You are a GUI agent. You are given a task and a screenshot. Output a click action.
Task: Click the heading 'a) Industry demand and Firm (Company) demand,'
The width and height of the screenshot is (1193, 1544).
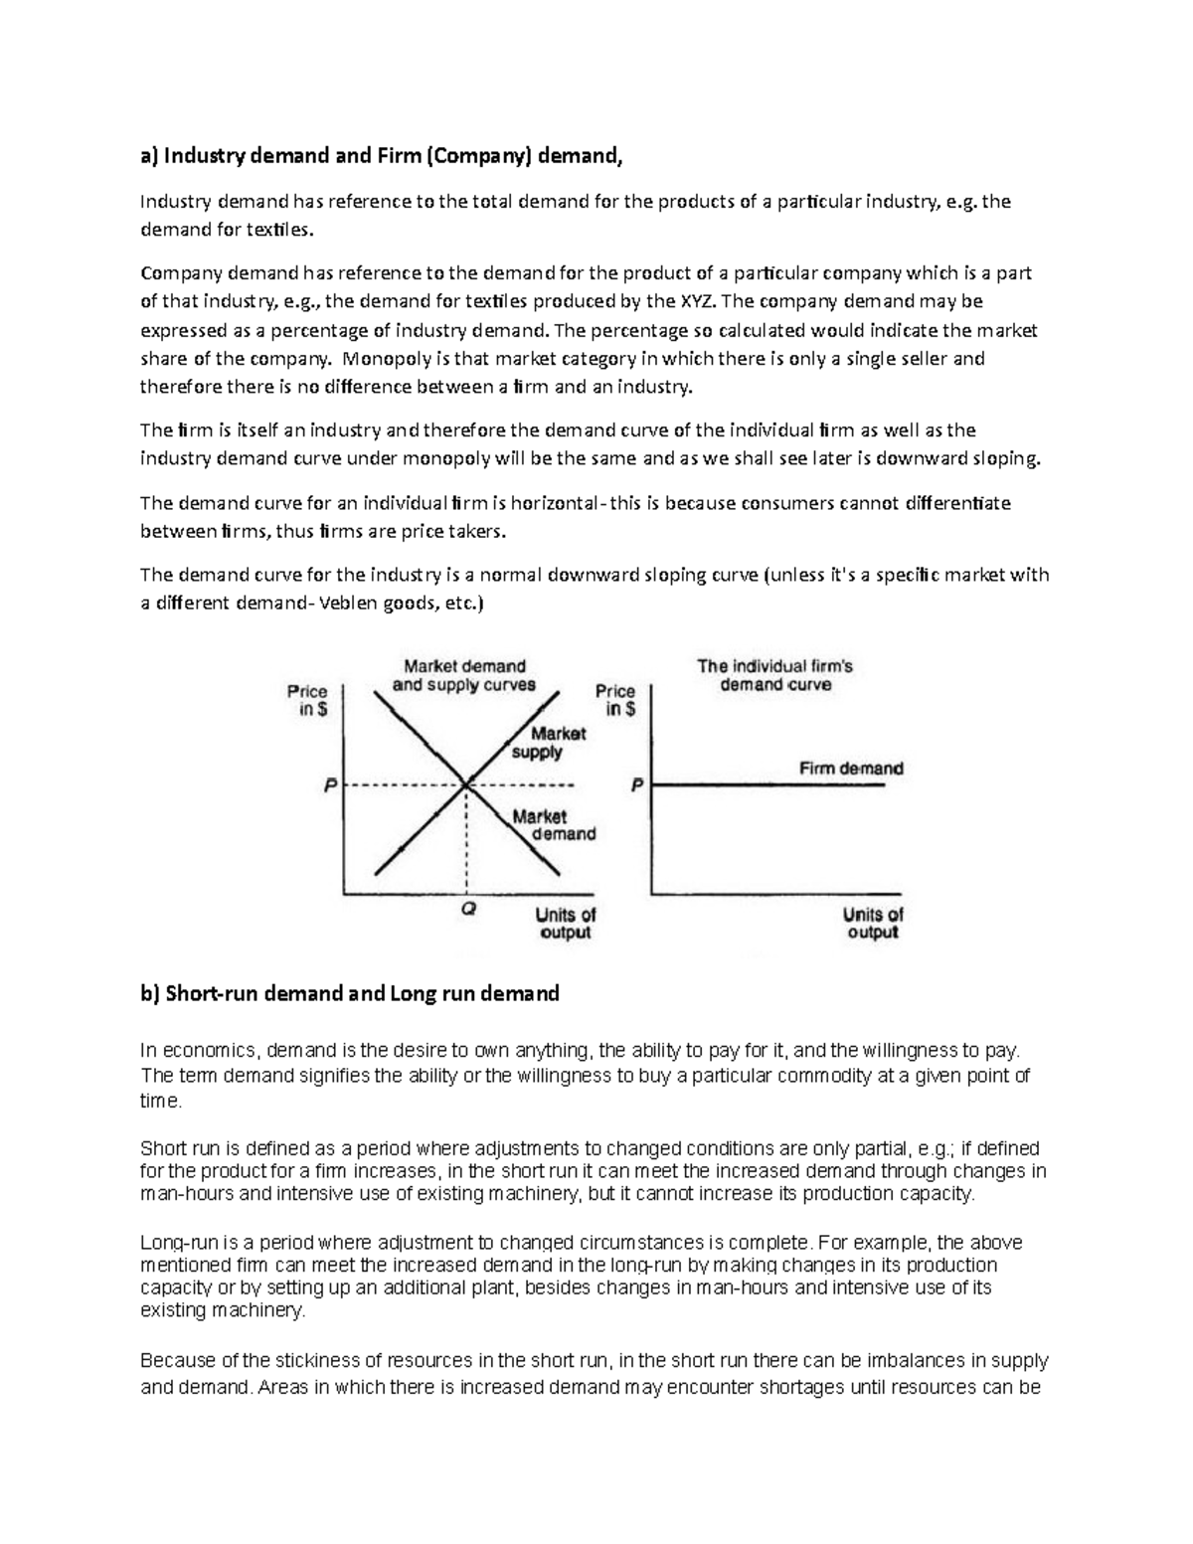[x=385, y=155]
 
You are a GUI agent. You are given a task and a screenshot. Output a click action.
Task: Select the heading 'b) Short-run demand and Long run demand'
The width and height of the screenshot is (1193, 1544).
[x=350, y=993]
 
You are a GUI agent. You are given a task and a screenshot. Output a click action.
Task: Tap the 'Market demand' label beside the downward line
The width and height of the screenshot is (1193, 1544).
[x=553, y=825]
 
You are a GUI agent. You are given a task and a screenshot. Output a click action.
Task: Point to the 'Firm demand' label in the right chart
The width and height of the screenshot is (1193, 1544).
[x=851, y=769]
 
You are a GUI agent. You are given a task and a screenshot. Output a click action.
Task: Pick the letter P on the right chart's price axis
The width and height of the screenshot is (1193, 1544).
[x=637, y=785]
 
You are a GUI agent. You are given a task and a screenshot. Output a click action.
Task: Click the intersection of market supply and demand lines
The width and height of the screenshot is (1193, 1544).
[x=465, y=785]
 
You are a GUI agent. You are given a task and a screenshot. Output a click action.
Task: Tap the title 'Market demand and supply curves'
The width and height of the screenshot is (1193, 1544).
[x=464, y=675]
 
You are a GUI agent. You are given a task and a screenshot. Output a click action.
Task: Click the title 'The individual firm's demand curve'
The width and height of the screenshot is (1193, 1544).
[x=774, y=675]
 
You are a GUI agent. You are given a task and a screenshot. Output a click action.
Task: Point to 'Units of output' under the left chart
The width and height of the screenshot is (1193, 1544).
[x=565, y=923]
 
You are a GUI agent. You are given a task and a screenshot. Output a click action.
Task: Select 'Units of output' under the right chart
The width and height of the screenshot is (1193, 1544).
[x=873, y=923]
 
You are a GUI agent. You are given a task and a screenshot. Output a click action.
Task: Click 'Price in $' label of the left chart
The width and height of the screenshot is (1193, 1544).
[x=307, y=700]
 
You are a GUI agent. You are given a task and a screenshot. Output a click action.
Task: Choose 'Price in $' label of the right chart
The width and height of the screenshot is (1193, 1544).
[x=615, y=700]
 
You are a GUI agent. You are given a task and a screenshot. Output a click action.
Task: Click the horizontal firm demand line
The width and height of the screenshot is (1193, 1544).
[x=766, y=785]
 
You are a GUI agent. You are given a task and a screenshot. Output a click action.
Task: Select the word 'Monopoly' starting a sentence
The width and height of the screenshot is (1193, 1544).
[x=380, y=358]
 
